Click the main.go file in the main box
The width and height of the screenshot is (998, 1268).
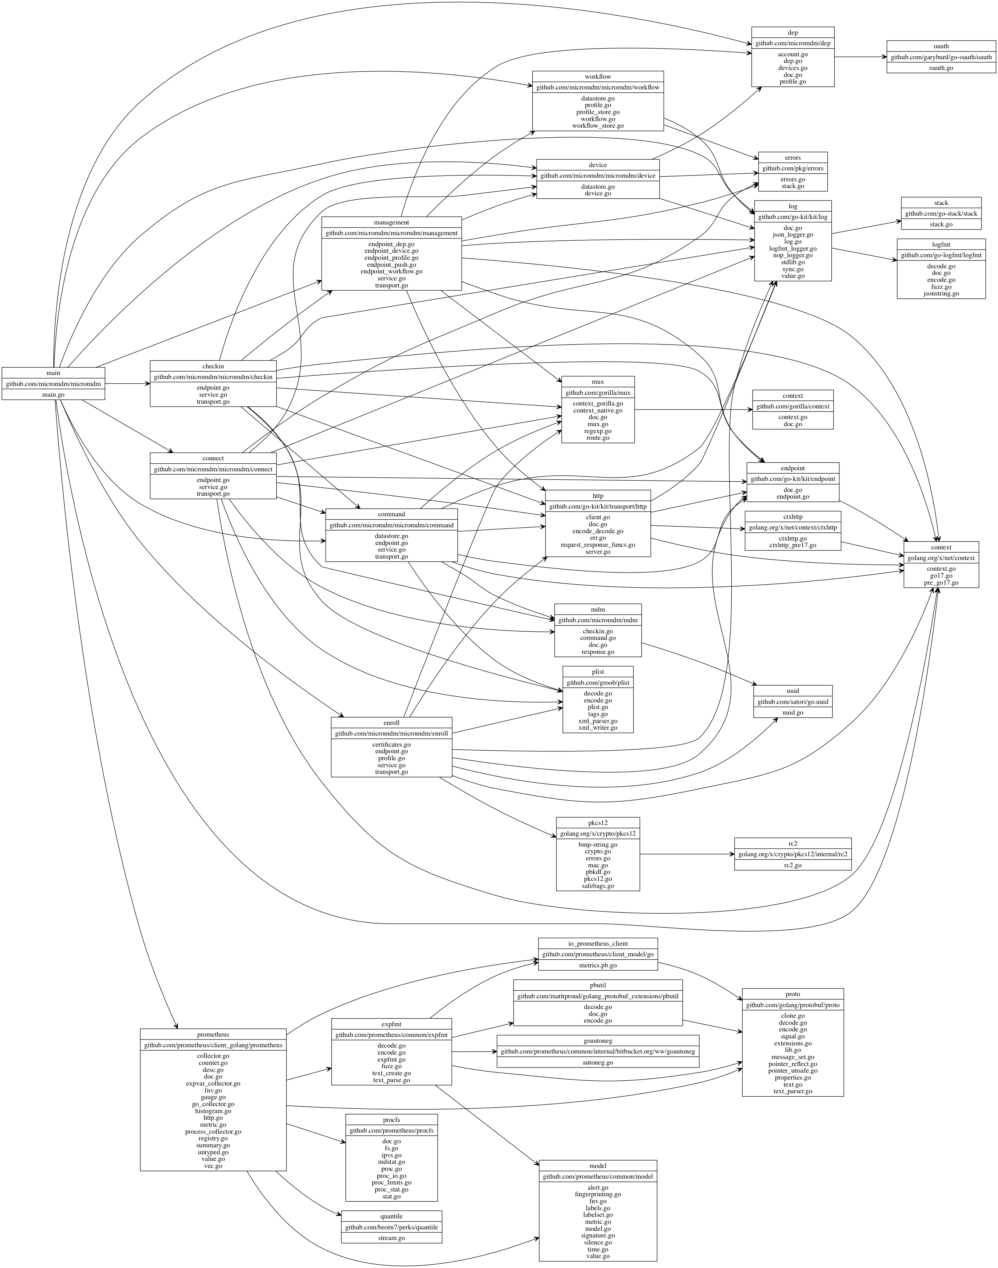[x=53, y=394]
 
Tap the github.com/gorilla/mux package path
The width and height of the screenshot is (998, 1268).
[x=598, y=393]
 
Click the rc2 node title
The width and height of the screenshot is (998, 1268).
[x=792, y=843]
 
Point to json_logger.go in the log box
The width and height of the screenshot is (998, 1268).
[x=792, y=234]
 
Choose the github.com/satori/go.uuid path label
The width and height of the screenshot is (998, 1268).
[x=792, y=701]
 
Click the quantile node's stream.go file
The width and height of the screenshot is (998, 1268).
[x=391, y=1237]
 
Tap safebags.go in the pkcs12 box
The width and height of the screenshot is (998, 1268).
[x=598, y=886]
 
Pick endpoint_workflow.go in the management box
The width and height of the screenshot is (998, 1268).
[x=391, y=271]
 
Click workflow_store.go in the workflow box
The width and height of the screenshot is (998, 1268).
[x=598, y=125]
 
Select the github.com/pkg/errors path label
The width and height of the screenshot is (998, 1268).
[x=792, y=168]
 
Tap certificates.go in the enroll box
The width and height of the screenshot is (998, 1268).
[x=391, y=744]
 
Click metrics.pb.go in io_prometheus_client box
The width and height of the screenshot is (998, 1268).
[x=598, y=965]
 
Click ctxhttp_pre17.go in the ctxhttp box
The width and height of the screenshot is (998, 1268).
[x=792, y=545]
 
